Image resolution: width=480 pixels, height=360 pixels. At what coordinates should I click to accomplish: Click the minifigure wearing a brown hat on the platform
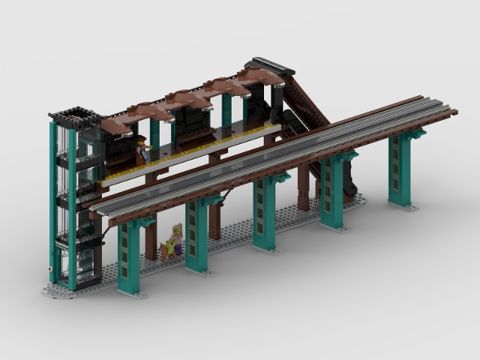(x=141, y=149)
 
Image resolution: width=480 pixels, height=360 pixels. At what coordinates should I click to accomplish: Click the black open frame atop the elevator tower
(x=75, y=116)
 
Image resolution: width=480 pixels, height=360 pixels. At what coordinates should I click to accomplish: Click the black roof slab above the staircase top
(x=269, y=66)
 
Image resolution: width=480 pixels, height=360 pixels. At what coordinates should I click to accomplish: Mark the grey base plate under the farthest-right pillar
(x=403, y=205)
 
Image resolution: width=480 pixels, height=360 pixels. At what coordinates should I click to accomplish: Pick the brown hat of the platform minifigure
(x=140, y=139)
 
